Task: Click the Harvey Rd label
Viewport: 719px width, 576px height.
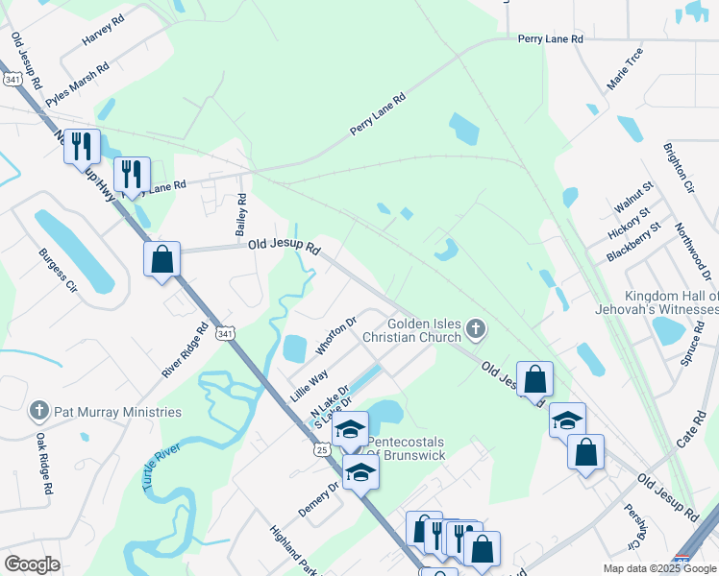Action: click(x=105, y=32)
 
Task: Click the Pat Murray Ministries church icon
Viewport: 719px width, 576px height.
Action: click(x=39, y=412)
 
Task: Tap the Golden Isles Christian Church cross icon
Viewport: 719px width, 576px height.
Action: click(x=474, y=331)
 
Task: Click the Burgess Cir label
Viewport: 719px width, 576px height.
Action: click(x=57, y=271)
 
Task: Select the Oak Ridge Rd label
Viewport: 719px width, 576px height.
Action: click(x=44, y=463)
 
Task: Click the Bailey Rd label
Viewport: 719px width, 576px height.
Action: click(x=241, y=214)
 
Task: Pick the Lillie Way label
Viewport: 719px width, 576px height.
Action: click(x=310, y=385)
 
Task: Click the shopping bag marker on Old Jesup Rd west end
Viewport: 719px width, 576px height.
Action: click(x=161, y=258)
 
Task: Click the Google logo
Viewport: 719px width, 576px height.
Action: click(x=32, y=564)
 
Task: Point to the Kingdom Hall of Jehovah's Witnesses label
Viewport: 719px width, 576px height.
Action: click(x=671, y=302)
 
